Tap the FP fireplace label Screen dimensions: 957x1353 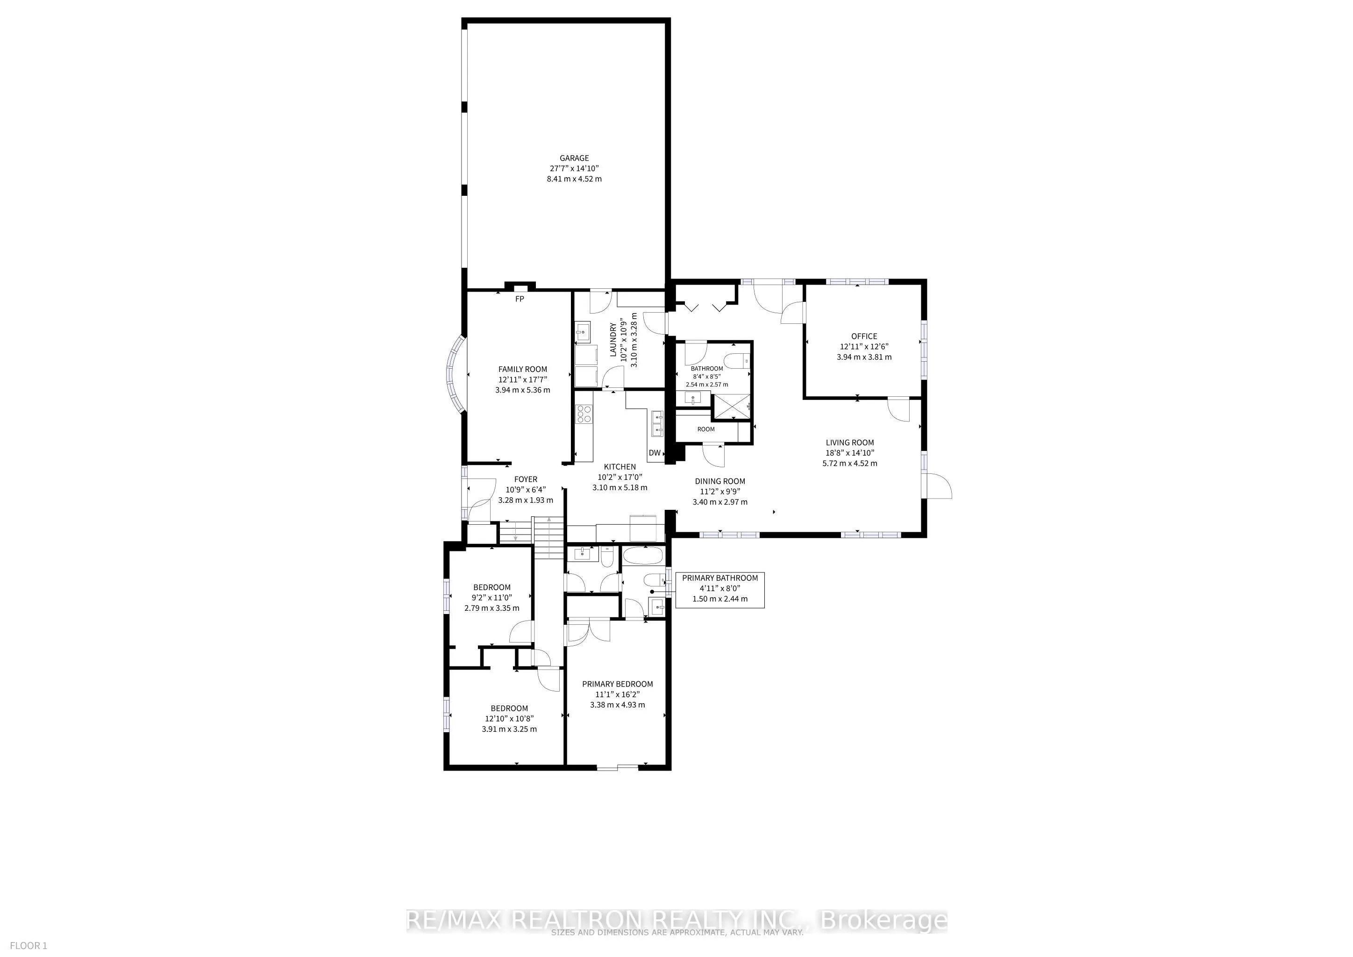tap(519, 299)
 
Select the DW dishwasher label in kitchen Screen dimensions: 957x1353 tap(654, 453)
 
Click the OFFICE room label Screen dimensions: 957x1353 tap(864, 336)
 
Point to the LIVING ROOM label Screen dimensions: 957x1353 tap(849, 443)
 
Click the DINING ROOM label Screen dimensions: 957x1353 tap(719, 481)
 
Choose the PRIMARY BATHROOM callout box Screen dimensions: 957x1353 tap(719, 589)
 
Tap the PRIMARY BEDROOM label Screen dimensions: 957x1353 tap(617, 684)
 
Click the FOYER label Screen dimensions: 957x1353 tap(525, 479)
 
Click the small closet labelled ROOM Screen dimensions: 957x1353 tap(705, 429)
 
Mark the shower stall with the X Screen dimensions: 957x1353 tap(733, 407)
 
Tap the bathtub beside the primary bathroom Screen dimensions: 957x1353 tap(643, 556)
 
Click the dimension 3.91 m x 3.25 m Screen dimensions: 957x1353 tap(509, 729)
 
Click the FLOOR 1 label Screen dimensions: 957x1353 tap(28, 945)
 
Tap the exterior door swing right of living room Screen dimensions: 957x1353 tap(938, 486)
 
